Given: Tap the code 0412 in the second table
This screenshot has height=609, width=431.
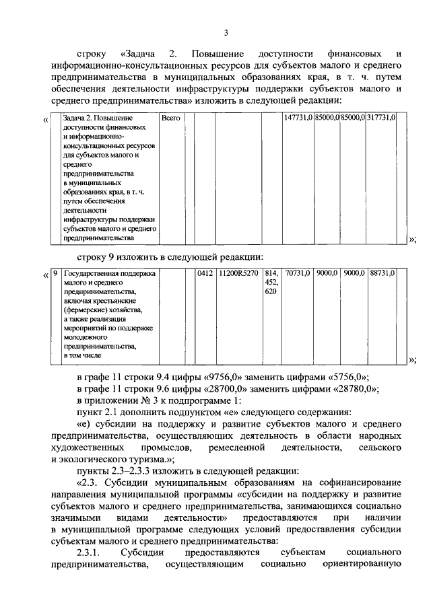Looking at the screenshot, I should pos(205,274).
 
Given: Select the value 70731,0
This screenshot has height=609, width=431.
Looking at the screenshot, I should pos(298,274).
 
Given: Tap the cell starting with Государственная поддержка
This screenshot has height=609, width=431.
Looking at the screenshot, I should pos(109,274).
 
